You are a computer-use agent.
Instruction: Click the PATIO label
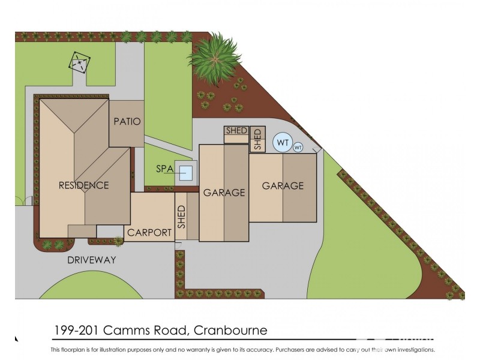(x=127, y=122)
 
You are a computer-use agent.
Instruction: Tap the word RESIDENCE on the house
(x=83, y=185)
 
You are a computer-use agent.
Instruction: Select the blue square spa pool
(x=187, y=173)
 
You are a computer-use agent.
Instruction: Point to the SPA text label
(x=165, y=169)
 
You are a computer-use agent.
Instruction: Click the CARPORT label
(x=149, y=233)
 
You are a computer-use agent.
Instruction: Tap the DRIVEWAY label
(x=91, y=260)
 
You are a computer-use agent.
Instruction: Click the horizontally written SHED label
(x=236, y=131)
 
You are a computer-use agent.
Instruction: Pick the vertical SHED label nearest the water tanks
(x=257, y=139)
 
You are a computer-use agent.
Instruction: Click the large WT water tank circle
(x=283, y=143)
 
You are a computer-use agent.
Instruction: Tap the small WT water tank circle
(x=298, y=148)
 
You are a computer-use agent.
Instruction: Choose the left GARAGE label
(x=224, y=193)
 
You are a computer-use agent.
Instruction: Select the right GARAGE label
(x=283, y=186)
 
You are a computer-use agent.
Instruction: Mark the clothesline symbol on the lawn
(x=79, y=62)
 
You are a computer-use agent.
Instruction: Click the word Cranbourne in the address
(x=230, y=331)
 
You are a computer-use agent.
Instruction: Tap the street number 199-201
(x=74, y=331)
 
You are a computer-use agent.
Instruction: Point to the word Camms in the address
(x=124, y=331)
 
